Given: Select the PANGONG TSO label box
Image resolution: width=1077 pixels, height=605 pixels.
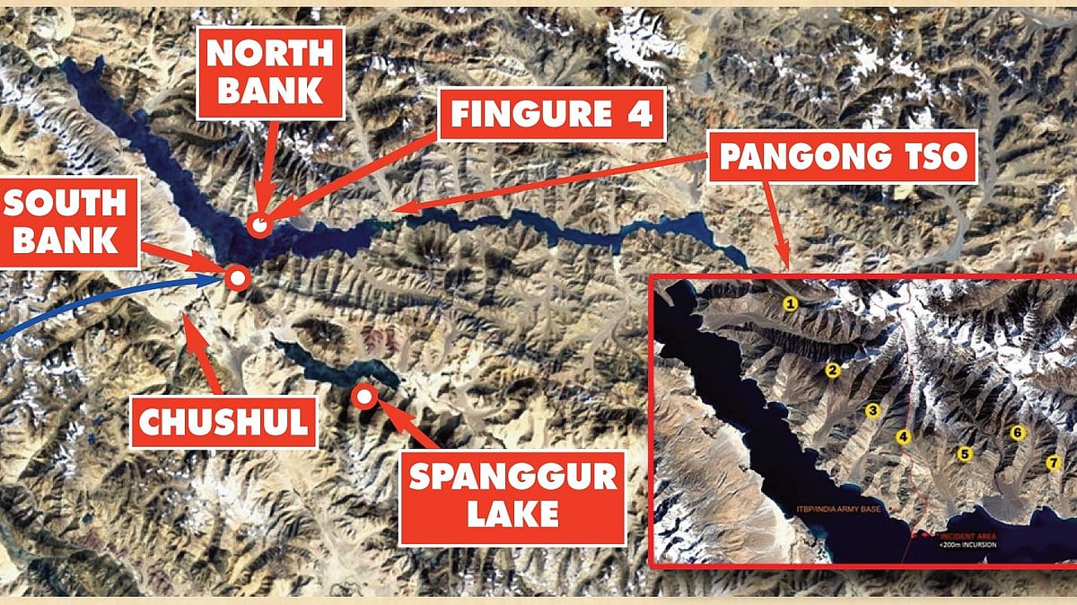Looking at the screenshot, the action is coord(843,159).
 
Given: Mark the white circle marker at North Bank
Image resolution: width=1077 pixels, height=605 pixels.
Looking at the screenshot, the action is coord(260,225).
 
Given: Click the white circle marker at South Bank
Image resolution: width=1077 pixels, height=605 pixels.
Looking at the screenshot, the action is coord(238,277).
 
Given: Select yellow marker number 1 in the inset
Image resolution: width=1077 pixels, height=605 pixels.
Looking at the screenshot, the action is coord(791,303).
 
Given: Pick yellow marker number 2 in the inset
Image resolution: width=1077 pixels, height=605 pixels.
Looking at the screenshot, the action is coord(832,369).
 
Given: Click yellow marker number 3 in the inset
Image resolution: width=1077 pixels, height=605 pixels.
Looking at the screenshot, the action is coord(871,410).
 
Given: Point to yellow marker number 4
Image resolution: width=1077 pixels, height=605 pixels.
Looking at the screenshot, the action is coord(904,437).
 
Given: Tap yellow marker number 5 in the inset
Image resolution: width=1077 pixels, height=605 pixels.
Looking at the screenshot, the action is coord(965,453).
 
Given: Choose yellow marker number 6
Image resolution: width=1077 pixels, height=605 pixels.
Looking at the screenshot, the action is coord(1017,433).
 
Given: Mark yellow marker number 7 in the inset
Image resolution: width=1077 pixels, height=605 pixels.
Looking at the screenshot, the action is coord(1054,462).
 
